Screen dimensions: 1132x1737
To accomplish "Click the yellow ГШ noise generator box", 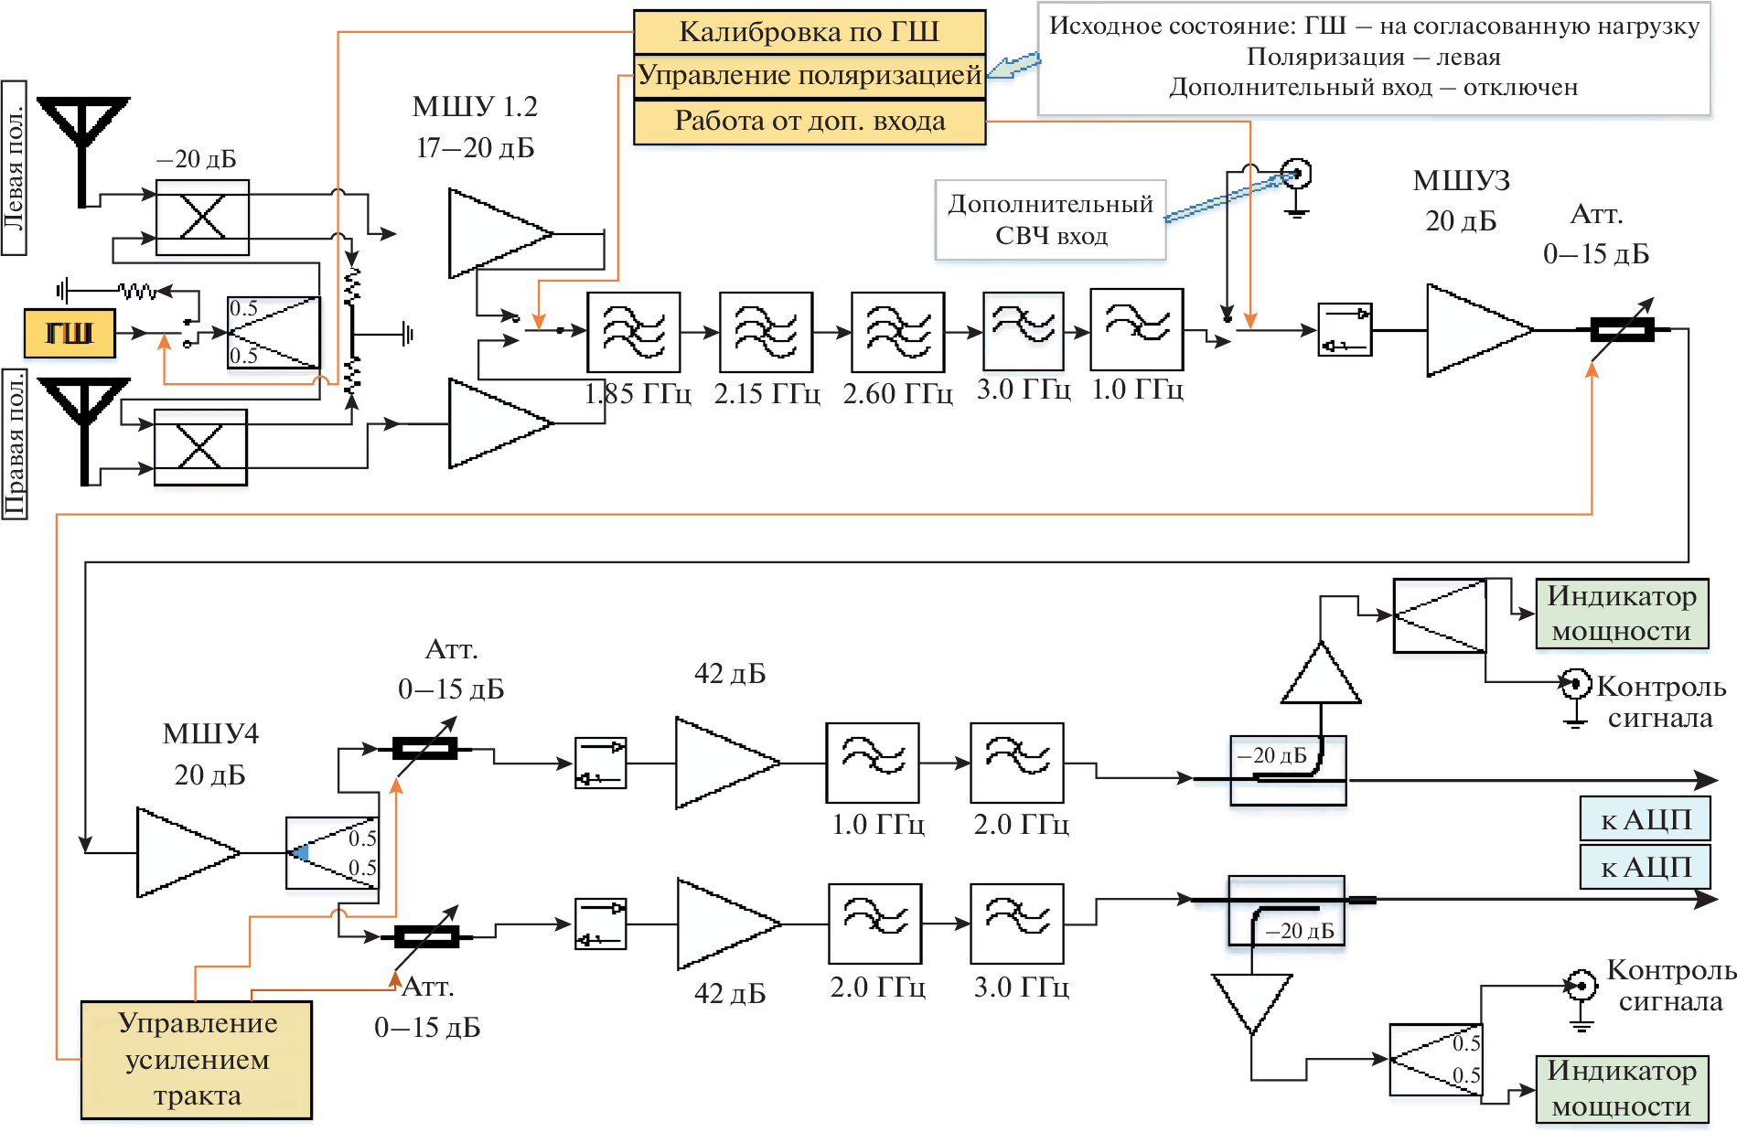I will pos(70,333).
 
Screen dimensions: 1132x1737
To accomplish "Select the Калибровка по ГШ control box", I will pos(810,32).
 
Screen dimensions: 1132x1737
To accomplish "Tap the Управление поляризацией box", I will pos(810,76).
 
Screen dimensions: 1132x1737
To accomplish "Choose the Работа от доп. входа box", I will pos(810,122).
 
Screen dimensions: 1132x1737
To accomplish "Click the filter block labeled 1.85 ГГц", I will pos(634,331).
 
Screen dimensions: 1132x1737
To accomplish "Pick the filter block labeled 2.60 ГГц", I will pos(897,331).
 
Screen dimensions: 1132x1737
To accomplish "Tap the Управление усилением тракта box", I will pos(197,1060).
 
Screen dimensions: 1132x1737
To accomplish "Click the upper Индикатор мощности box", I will pos(1622,614).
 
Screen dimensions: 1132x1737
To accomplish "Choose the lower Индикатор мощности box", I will pos(1622,1088).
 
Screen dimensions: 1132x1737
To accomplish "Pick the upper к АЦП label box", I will pos(1645,819).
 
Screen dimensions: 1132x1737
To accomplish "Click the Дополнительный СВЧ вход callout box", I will pos(1050,219).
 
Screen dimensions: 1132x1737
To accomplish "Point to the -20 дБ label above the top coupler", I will pos(196,159).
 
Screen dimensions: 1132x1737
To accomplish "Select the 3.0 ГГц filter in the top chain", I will pos(1023,331).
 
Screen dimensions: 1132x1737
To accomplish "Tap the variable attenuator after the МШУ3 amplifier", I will pos(1622,329).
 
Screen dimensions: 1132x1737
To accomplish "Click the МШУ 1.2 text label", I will pos(475,107).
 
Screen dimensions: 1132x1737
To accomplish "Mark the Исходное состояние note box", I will pos(1373,58).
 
